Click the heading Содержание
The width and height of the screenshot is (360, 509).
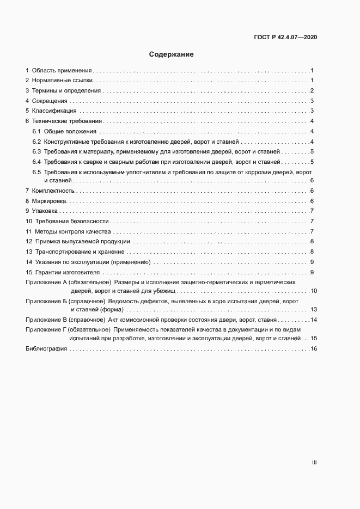(171, 54)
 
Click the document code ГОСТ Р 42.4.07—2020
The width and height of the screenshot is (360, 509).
(285, 38)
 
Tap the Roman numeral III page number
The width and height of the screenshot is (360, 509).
(314, 462)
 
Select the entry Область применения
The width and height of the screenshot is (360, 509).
(62, 71)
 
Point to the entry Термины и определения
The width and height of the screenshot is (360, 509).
(66, 90)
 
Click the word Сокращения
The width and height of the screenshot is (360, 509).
(50, 101)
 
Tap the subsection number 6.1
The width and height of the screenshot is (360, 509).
(36, 132)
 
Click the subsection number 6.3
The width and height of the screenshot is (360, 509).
(36, 151)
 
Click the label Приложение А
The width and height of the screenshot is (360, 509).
(46, 283)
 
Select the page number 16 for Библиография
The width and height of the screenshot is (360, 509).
(313, 349)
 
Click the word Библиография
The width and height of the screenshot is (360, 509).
(46, 349)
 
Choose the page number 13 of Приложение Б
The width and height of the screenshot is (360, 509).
(313, 309)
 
